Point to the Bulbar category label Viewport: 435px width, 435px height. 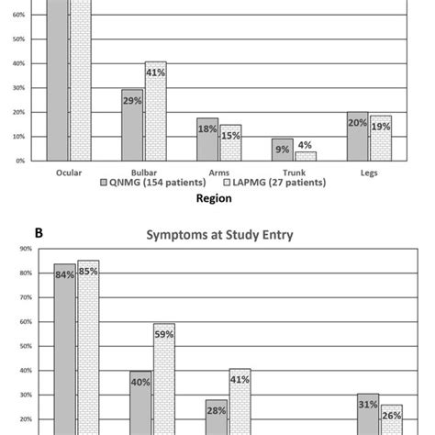144,170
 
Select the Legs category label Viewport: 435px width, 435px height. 368,170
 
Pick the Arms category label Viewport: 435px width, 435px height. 218,170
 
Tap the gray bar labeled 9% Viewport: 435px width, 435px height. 282,150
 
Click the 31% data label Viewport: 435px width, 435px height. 367,402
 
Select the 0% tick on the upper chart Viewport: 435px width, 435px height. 20,161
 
